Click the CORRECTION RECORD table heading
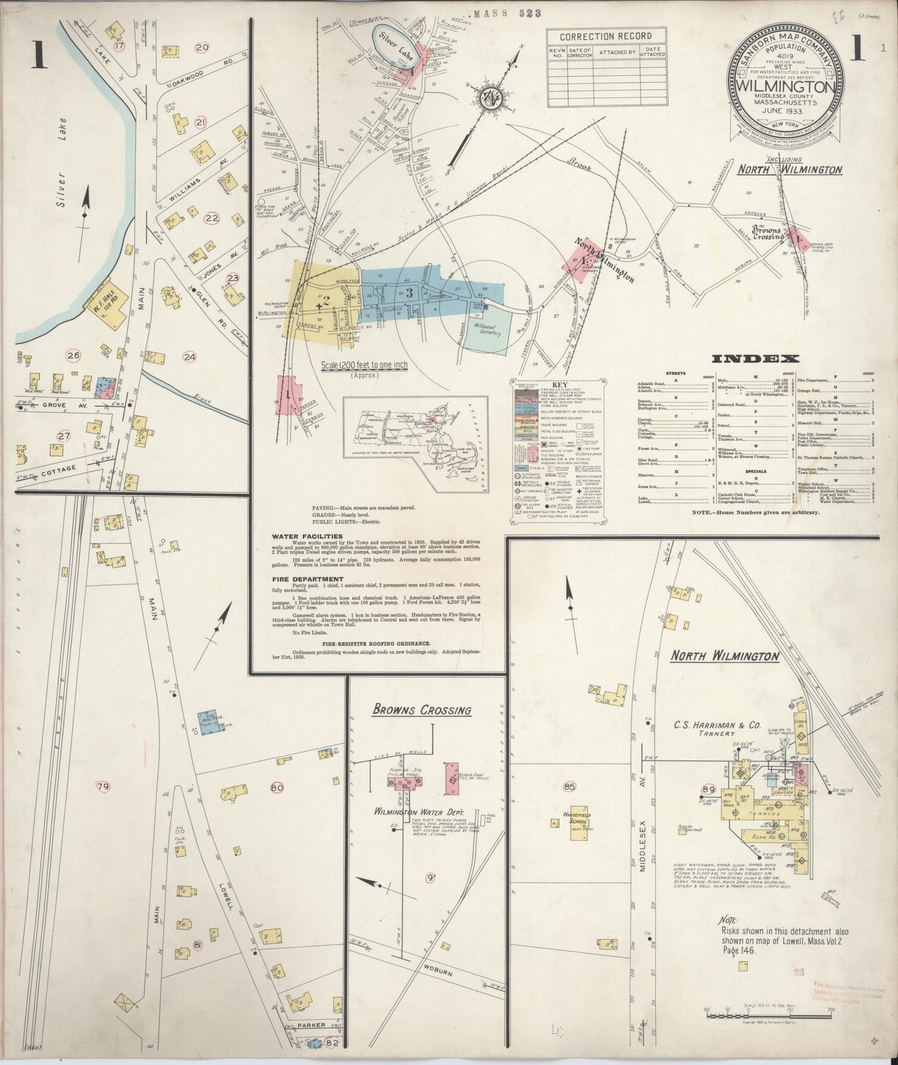[606, 36]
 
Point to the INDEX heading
[755, 359]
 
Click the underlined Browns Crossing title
[421, 710]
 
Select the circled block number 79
[103, 787]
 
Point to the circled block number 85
[569, 788]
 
